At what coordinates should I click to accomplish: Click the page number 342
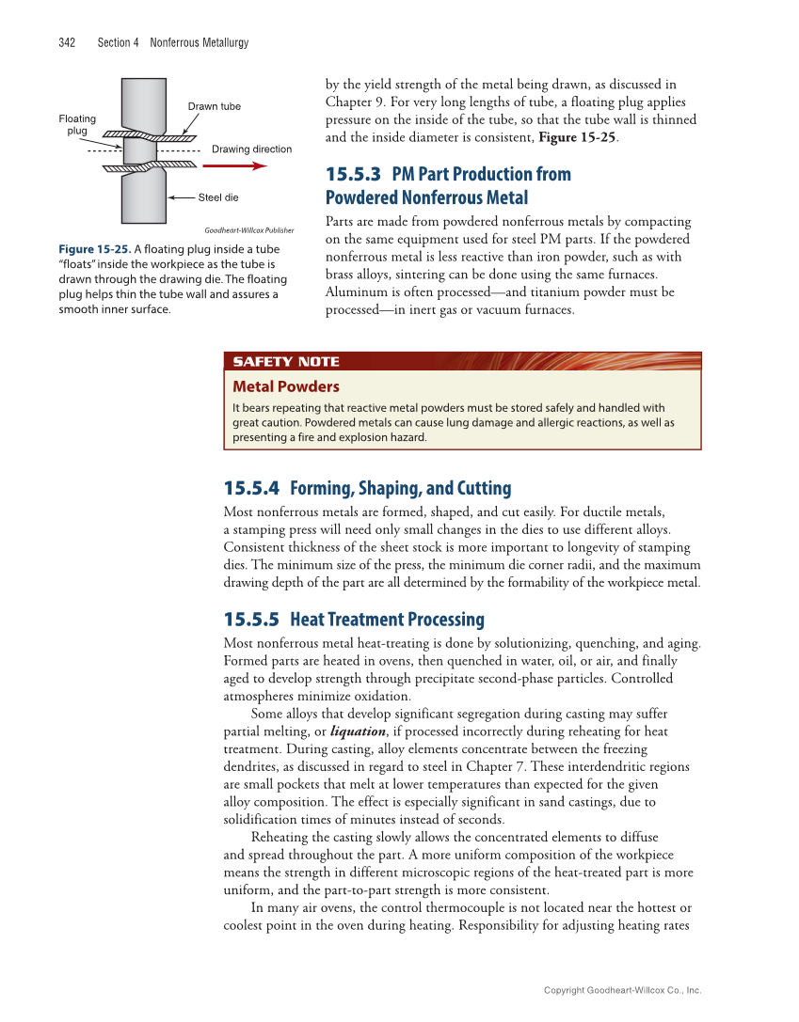pos(67,42)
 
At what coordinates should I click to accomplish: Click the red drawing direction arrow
pos(235,165)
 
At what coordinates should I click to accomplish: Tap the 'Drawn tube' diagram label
pos(214,106)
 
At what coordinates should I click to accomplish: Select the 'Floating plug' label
pos(77,124)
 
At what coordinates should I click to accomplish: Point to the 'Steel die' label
pos(218,197)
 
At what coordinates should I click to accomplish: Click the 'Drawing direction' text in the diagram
pos(251,149)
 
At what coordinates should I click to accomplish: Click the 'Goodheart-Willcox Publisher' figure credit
pos(248,229)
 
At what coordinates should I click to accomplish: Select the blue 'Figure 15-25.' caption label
pos(94,249)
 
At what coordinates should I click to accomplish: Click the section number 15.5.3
pos(353,174)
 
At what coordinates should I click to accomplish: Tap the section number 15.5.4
pos(251,488)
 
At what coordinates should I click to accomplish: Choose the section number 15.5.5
pos(251,620)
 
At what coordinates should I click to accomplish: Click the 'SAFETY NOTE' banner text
pos(286,362)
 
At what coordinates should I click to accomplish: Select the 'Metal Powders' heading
pos(286,386)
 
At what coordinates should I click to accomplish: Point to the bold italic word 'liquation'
pos(358,731)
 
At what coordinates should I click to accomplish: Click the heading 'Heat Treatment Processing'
pos(387,620)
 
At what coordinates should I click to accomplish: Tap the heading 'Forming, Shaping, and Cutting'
pos(401,488)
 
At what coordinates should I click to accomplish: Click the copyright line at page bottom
pos(623,990)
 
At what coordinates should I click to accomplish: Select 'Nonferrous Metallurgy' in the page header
pos(199,42)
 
